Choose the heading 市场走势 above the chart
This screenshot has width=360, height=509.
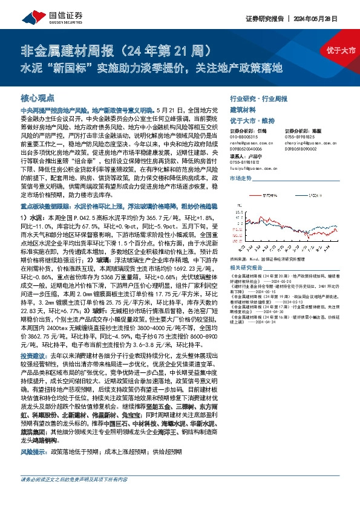[242, 180]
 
